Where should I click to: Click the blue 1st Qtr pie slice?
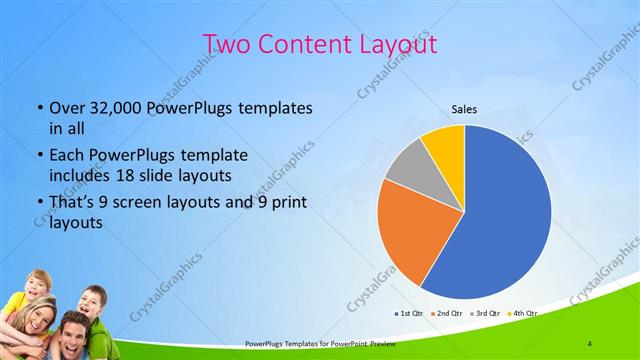coord(505,215)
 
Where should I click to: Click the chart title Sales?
coord(464,108)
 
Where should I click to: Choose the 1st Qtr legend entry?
coord(410,313)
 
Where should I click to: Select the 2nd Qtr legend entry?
coord(448,313)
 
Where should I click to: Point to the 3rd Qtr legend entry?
coord(486,313)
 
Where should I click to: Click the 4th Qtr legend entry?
coord(524,313)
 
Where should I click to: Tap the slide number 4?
coord(590,344)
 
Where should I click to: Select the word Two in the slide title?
coord(226,44)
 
